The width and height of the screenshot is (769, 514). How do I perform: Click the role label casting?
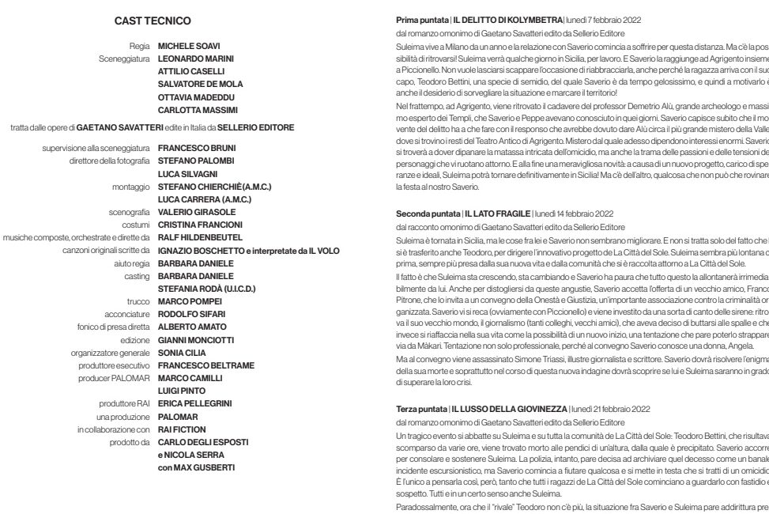138,276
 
